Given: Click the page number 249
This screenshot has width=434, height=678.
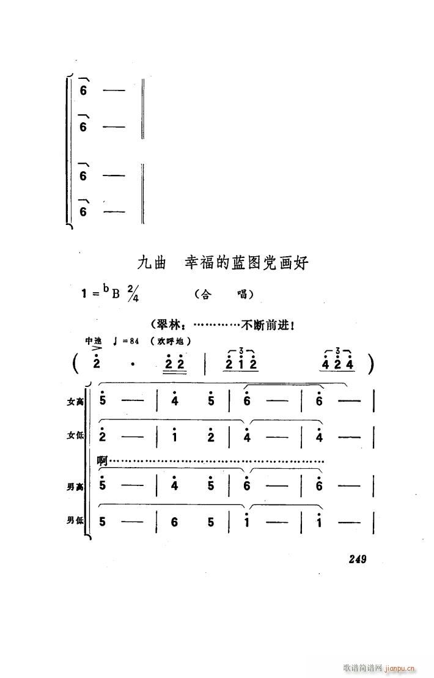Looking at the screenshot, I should click(x=358, y=559).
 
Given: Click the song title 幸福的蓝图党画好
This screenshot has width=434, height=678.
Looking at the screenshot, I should click(x=247, y=263).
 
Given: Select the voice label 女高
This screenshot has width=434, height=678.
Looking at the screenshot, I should click(x=76, y=402).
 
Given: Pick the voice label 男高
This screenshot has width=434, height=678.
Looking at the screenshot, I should click(x=76, y=487).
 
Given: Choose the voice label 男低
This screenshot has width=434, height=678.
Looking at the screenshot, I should click(x=76, y=521).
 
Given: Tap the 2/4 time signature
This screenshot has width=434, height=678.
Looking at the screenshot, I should click(x=133, y=294).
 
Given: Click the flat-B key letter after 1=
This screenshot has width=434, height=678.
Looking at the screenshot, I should click(x=114, y=293).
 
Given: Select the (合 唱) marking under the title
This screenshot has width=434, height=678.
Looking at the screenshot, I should click(x=224, y=295).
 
